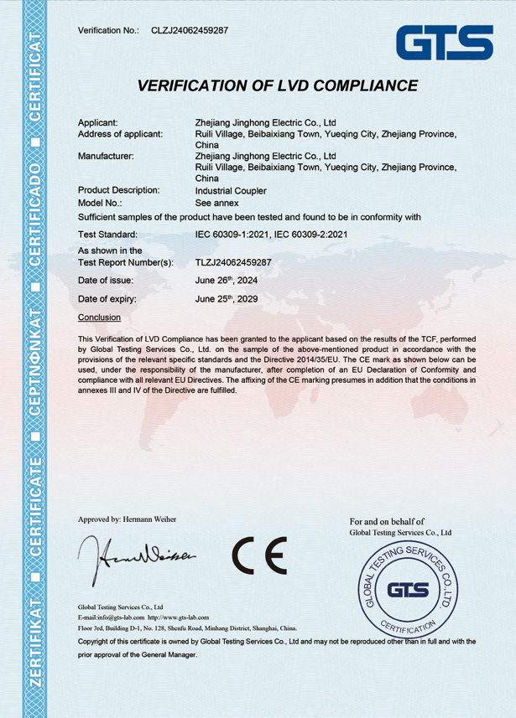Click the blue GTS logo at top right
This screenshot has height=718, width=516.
[x=445, y=42]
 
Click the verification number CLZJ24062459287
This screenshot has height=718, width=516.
[x=190, y=30]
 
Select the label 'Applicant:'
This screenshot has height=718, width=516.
[x=98, y=122]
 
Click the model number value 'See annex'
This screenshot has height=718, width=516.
[x=216, y=203]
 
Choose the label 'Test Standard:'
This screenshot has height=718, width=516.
[x=113, y=235]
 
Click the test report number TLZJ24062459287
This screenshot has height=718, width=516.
[x=233, y=262]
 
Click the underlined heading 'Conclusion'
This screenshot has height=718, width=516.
[x=99, y=318]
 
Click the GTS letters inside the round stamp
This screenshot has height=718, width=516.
[x=408, y=590]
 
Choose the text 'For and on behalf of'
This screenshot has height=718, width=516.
[x=387, y=521]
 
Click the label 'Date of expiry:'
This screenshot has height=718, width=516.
[x=107, y=299]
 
